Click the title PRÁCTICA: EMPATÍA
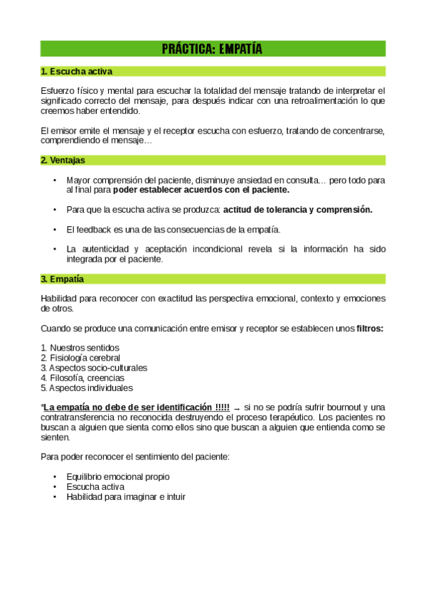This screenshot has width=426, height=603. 212,49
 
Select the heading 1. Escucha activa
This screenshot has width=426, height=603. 76,71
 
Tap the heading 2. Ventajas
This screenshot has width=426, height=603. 63,161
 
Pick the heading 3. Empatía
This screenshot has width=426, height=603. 62,279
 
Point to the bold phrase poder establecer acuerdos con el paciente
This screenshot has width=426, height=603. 201,191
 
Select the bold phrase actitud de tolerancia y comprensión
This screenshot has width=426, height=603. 297,210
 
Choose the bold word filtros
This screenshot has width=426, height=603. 370,329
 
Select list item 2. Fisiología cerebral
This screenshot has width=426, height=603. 80,358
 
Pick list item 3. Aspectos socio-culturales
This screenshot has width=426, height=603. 94,368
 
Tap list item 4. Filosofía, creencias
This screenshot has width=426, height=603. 82,378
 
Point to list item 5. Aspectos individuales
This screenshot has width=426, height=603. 87,388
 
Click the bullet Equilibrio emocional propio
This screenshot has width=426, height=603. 117,476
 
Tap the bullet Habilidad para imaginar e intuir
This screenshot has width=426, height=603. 125,496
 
